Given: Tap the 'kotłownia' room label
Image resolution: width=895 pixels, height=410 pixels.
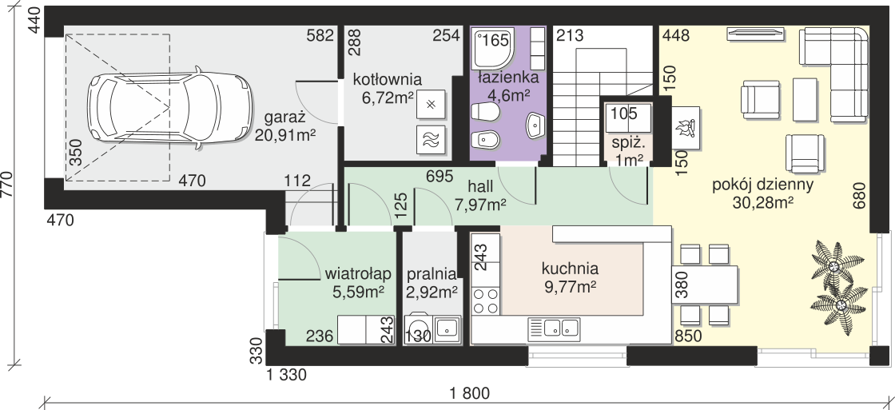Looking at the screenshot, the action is (387, 79).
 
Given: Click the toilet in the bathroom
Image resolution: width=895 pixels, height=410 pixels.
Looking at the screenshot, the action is (484, 111).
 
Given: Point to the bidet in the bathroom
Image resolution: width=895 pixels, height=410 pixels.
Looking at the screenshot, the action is (486, 139).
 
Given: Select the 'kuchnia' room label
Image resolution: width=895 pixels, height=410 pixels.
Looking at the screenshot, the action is (570, 268).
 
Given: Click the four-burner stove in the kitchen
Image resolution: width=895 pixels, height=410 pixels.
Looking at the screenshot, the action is (486, 301).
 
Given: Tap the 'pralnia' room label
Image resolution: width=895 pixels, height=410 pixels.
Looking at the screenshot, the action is (432, 275).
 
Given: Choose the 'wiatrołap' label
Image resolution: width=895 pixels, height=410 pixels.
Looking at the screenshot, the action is (357, 275).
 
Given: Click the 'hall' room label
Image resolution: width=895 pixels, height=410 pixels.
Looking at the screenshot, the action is (480, 186).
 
